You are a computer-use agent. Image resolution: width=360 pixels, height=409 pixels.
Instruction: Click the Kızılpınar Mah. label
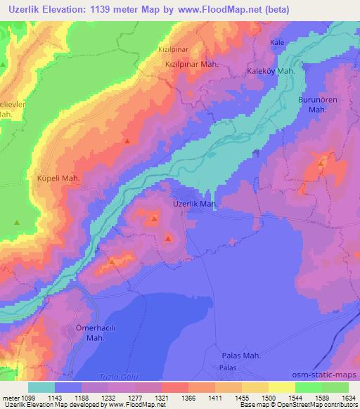tap(193, 64)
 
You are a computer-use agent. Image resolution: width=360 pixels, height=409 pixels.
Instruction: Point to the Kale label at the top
tap(277, 43)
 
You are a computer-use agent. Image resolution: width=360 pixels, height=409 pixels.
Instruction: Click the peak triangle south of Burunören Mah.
tap(321, 163)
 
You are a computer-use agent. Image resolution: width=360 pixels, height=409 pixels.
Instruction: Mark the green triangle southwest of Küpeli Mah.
tap(16, 223)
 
